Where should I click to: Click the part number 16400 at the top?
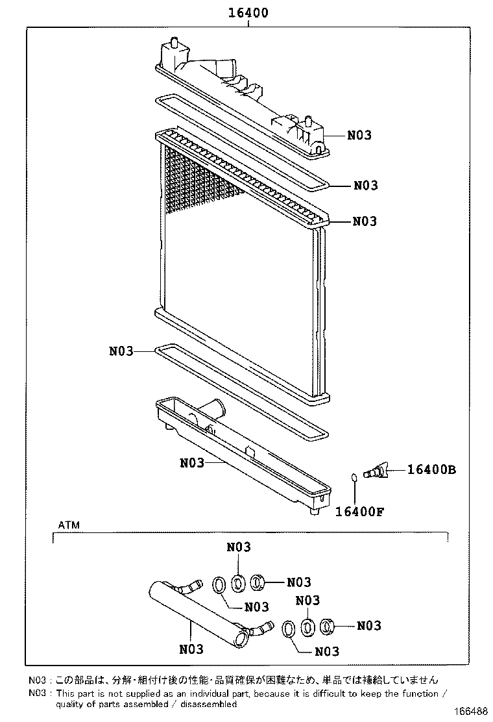[248, 12]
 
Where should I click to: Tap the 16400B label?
[431, 469]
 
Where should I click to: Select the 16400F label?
[359, 510]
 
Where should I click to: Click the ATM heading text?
[69, 524]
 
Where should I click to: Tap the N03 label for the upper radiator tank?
[359, 135]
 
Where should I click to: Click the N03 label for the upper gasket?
[365, 186]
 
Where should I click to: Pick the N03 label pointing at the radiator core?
[365, 221]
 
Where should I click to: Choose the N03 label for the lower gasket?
[121, 351]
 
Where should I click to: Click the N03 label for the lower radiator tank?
[192, 463]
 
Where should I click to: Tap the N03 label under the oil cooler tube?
[191, 649]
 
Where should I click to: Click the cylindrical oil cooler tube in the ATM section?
[195, 610]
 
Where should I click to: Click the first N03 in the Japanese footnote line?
[38, 680]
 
